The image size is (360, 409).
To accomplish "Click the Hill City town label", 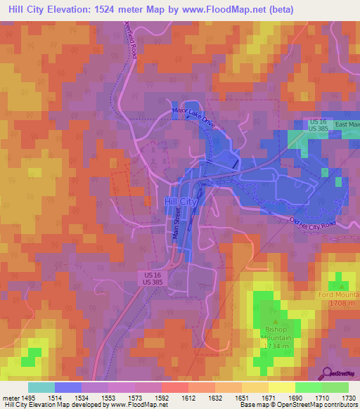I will click(x=180, y=202).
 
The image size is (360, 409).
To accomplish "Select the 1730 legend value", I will click(x=349, y=398).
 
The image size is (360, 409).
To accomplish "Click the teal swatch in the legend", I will click(x=41, y=387).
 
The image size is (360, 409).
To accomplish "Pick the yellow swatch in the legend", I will click(x=281, y=387).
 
